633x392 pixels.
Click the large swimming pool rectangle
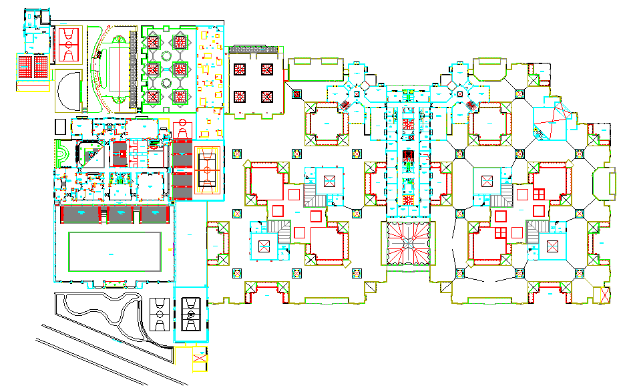(x=115, y=251)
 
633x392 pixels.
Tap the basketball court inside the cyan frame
(x=192, y=311)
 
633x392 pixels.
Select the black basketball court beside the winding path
(x=160, y=313)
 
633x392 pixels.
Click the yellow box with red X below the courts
(x=200, y=360)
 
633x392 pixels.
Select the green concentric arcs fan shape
(x=61, y=154)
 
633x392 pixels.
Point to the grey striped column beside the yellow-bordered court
(x=182, y=170)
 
